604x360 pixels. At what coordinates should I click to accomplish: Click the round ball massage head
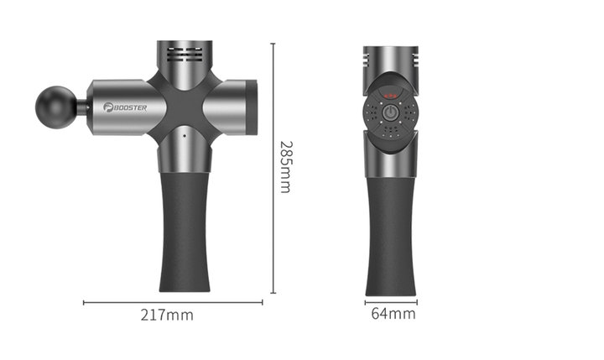click(56, 107)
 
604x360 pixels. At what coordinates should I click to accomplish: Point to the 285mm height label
click(286, 166)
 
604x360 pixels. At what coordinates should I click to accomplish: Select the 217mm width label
click(167, 316)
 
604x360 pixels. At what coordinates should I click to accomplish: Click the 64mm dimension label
click(393, 314)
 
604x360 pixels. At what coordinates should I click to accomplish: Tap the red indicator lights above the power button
click(390, 95)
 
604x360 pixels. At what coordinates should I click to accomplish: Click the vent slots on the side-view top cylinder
click(185, 55)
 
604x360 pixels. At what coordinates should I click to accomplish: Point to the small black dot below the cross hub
click(185, 136)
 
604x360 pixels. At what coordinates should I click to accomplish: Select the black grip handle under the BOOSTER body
click(185, 232)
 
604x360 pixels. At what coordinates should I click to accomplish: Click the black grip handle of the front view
click(391, 236)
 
